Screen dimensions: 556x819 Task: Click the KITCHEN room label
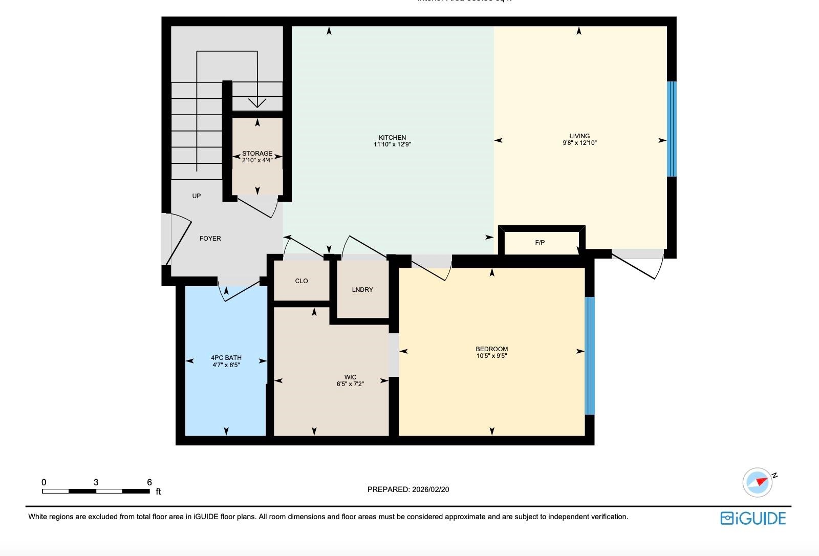coord(392,138)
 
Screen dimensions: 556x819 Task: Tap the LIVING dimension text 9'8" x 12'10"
coord(579,143)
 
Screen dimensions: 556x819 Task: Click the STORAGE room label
coord(257,154)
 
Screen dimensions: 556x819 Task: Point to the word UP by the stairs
coord(197,196)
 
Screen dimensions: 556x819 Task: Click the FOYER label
coord(210,239)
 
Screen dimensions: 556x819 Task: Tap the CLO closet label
coord(301,281)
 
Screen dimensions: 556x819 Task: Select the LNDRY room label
coord(362,290)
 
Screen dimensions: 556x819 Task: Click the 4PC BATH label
coord(226,358)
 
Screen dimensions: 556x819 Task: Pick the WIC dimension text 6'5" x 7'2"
coord(350,384)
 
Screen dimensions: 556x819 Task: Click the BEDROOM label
coord(491,349)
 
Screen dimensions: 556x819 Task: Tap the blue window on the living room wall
coord(672,129)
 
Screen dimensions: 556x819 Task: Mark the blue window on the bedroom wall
coord(590,356)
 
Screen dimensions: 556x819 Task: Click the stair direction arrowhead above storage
coord(257,103)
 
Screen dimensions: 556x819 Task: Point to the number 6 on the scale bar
coord(149,482)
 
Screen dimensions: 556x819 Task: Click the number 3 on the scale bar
coord(96,482)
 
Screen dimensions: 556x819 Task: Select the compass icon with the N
coord(758,482)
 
